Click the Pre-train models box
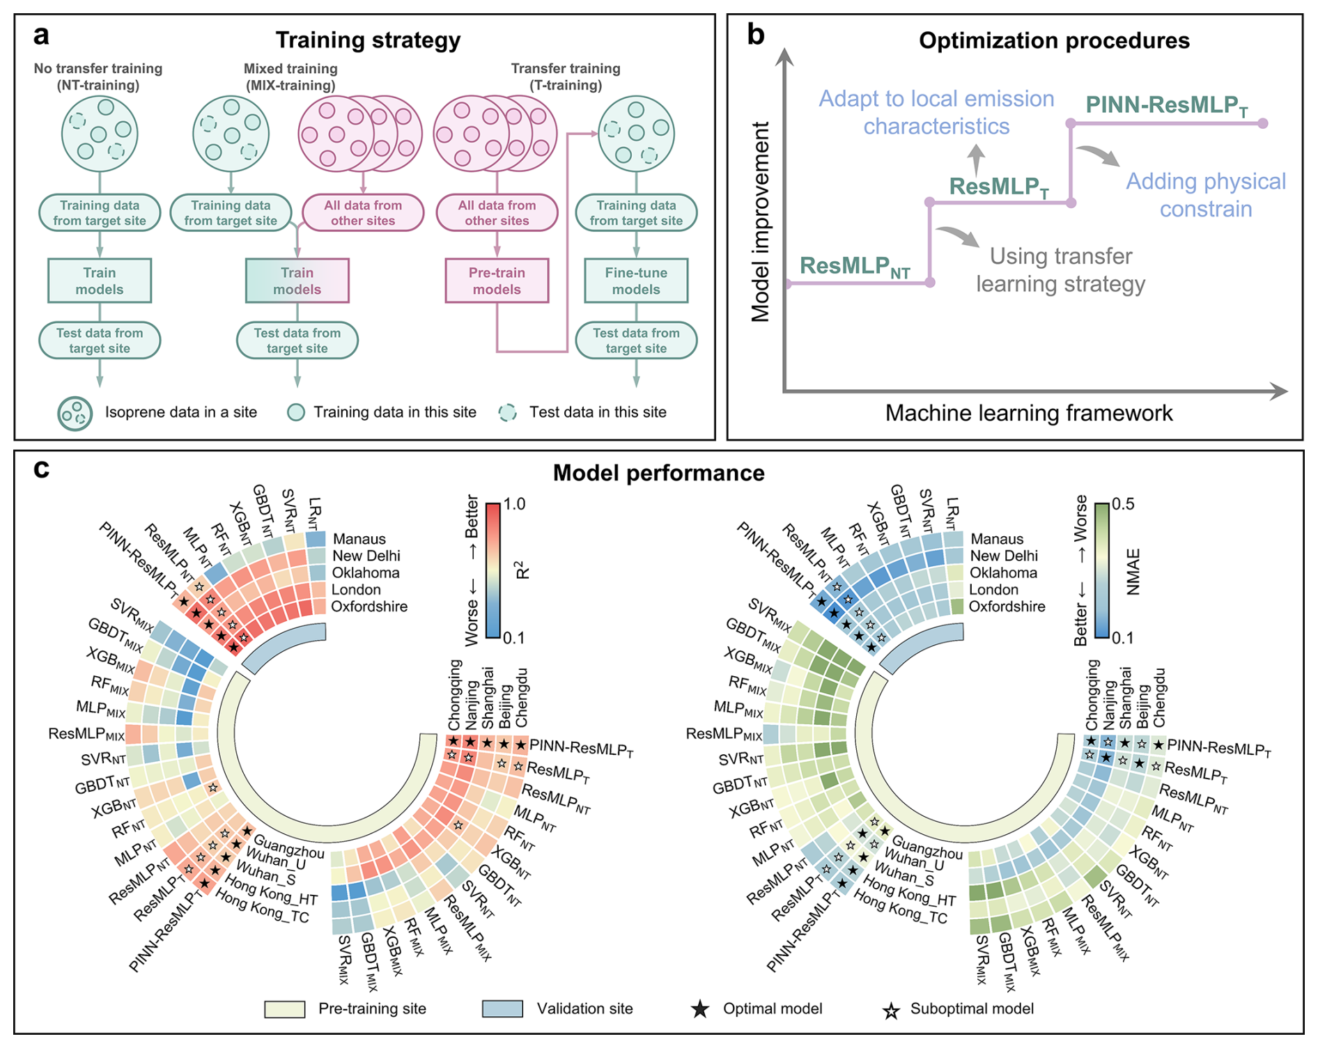coord(497,281)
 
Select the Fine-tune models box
coord(636,281)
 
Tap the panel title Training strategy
coord(368,40)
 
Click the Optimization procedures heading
coord(1054,40)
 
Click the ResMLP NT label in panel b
coord(855,267)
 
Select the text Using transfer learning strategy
coord(1060,270)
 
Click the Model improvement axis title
coord(761,221)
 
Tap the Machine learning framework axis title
coord(1029,413)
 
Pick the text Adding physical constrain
coord(1206,195)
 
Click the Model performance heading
coord(658,474)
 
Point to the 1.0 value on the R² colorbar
coord(514,504)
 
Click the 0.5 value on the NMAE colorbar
coord(1122,504)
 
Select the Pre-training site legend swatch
coord(284,1009)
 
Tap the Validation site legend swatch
coord(502,1009)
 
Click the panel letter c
coord(41,469)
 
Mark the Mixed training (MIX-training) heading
coord(290,77)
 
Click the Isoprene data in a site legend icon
coord(75,413)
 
